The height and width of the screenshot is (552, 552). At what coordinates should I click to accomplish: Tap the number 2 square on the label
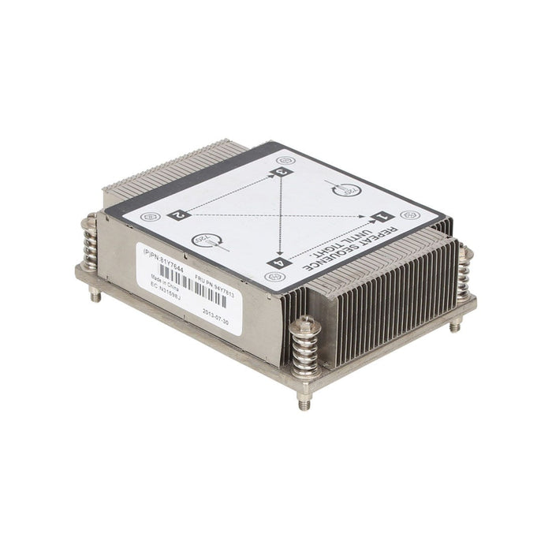pos(179,213)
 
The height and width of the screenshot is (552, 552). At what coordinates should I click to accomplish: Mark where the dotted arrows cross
pos(279,215)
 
